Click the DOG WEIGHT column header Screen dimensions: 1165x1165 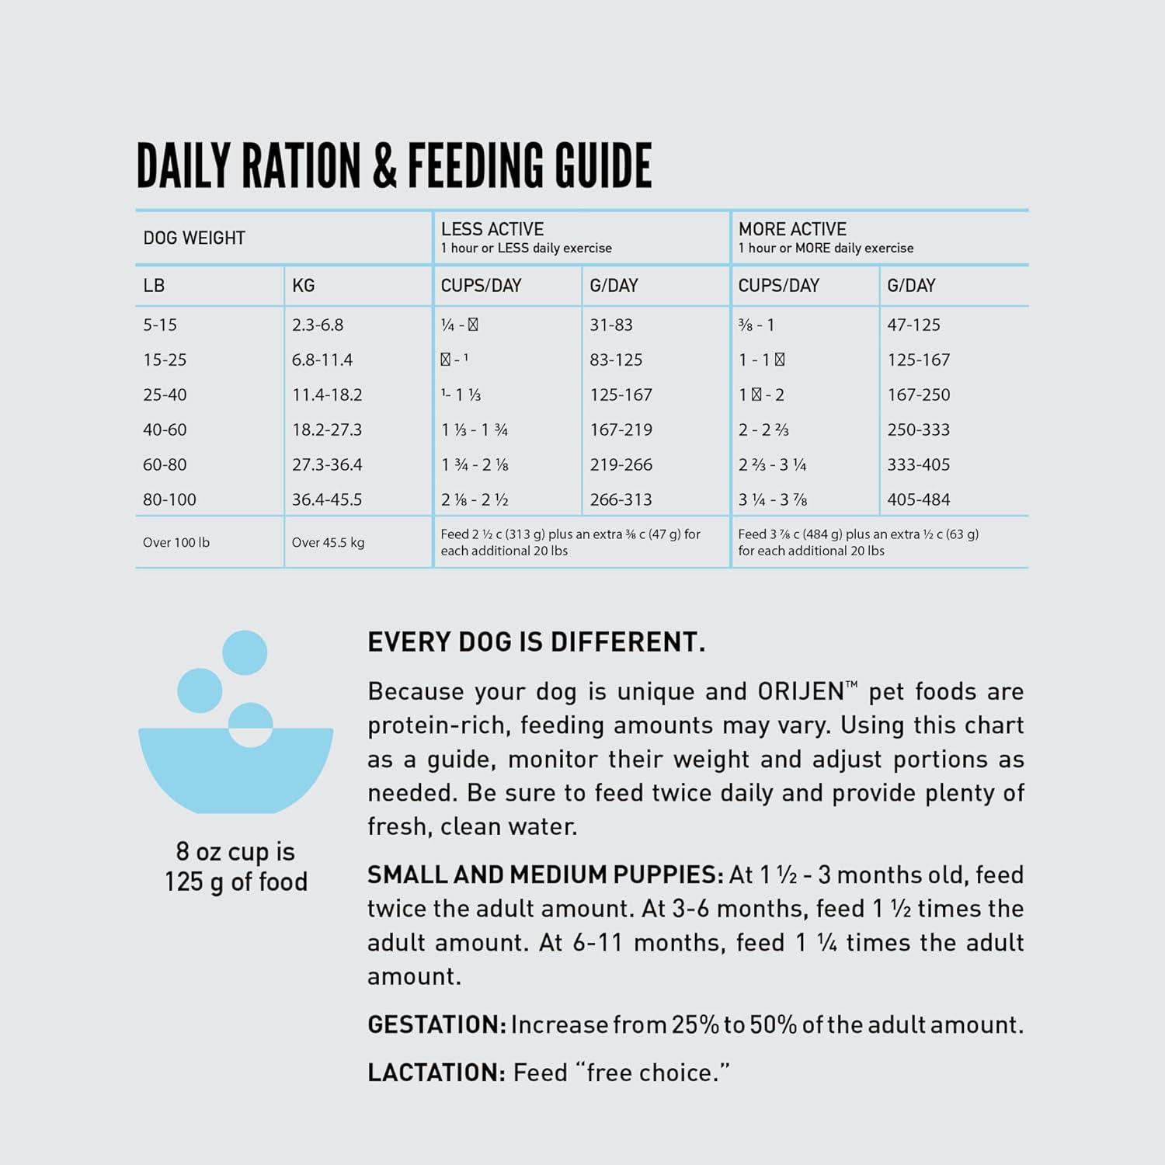coord(194,238)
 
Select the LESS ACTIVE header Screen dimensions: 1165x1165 coord(492,229)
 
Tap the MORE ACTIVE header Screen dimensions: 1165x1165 coord(792,229)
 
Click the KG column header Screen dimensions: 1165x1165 coord(303,286)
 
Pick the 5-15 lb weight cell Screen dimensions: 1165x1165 coord(160,325)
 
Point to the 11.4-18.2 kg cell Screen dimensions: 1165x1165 coord(327,395)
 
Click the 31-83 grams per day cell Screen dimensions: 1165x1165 coord(611,325)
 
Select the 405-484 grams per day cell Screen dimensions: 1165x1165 coord(919,499)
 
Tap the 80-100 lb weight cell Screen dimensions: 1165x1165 coord(169,499)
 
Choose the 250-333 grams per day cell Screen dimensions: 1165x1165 coord(919,429)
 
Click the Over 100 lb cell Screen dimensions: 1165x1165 coord(176,542)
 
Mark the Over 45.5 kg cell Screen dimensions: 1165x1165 coord(328,542)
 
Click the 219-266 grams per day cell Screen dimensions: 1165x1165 coord(621,464)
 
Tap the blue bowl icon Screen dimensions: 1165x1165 coord(235,746)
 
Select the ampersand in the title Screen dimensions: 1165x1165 coord(385,165)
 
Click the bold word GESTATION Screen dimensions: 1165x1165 coord(436,1024)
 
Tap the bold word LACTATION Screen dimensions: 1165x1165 coord(436,1073)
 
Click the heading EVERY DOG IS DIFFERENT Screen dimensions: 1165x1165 coord(536,642)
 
